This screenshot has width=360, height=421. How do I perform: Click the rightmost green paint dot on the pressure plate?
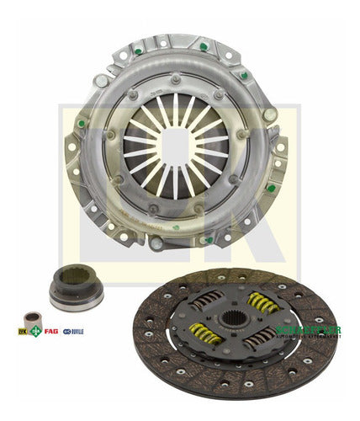pyautogui.click(x=271, y=188)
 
